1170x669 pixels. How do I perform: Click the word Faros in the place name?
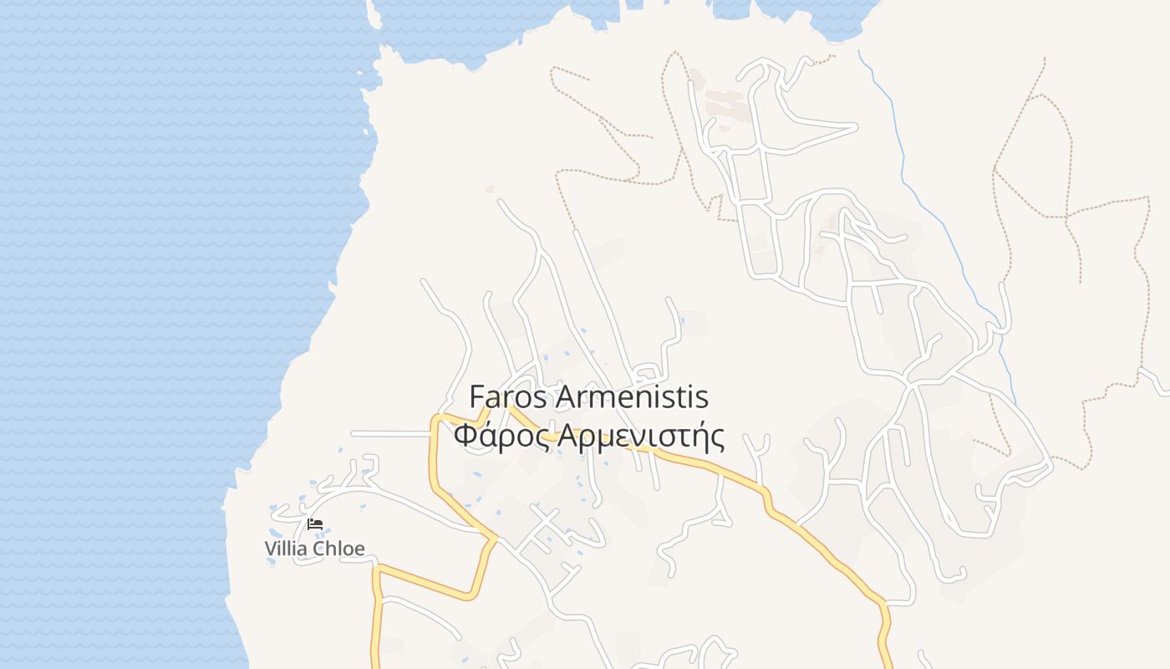point(506,396)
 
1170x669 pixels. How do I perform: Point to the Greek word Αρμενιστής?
point(641,437)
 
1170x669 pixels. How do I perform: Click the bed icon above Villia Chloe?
point(315,524)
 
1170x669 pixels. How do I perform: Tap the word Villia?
point(286,549)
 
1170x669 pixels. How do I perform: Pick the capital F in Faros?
point(477,396)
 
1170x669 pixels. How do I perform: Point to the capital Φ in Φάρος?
point(465,436)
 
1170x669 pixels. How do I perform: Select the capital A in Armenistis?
point(565,396)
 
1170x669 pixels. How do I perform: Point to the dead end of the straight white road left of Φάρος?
point(353,433)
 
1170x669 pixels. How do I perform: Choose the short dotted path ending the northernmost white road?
point(823,58)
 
